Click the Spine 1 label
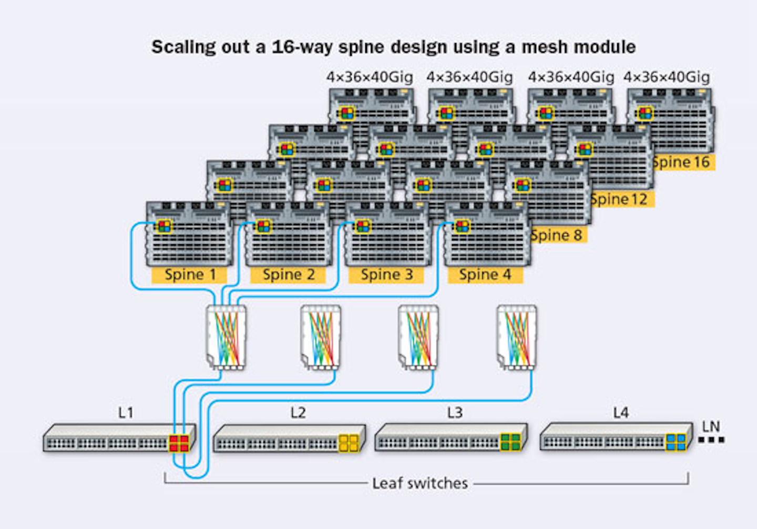(x=189, y=274)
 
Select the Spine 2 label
(x=288, y=274)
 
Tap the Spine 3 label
(x=386, y=274)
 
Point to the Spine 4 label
(x=485, y=274)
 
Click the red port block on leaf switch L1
(x=179, y=443)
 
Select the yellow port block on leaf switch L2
(x=349, y=443)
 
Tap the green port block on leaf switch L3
(x=510, y=442)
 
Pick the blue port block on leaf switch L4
(x=676, y=442)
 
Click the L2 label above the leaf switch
(x=298, y=413)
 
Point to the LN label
(x=711, y=426)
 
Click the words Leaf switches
(x=420, y=483)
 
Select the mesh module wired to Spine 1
(x=226, y=337)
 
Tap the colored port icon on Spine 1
(x=165, y=226)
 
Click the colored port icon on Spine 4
(x=462, y=226)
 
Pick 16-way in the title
(x=302, y=47)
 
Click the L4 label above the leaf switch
(x=621, y=413)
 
